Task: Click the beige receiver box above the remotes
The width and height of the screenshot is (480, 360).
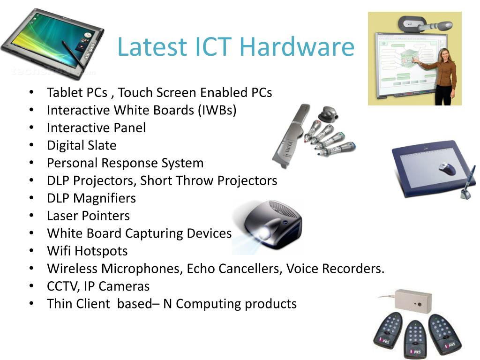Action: point(412,300)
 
